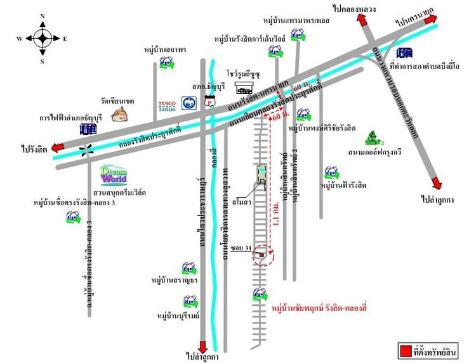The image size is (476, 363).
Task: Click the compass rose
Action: (x=43, y=38)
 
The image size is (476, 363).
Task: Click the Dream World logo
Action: (x=114, y=174)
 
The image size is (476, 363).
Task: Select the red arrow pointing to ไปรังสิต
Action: (x=58, y=147)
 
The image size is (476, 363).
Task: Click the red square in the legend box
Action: (x=404, y=350)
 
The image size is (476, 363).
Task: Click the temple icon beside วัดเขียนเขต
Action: (x=119, y=114)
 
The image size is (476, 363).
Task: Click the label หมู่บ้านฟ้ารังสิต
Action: (x=344, y=186)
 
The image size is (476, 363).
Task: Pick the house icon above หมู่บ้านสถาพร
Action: (x=166, y=62)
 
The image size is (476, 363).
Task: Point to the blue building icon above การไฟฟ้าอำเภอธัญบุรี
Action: (x=88, y=129)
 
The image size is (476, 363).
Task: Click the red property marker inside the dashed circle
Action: (x=261, y=255)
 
